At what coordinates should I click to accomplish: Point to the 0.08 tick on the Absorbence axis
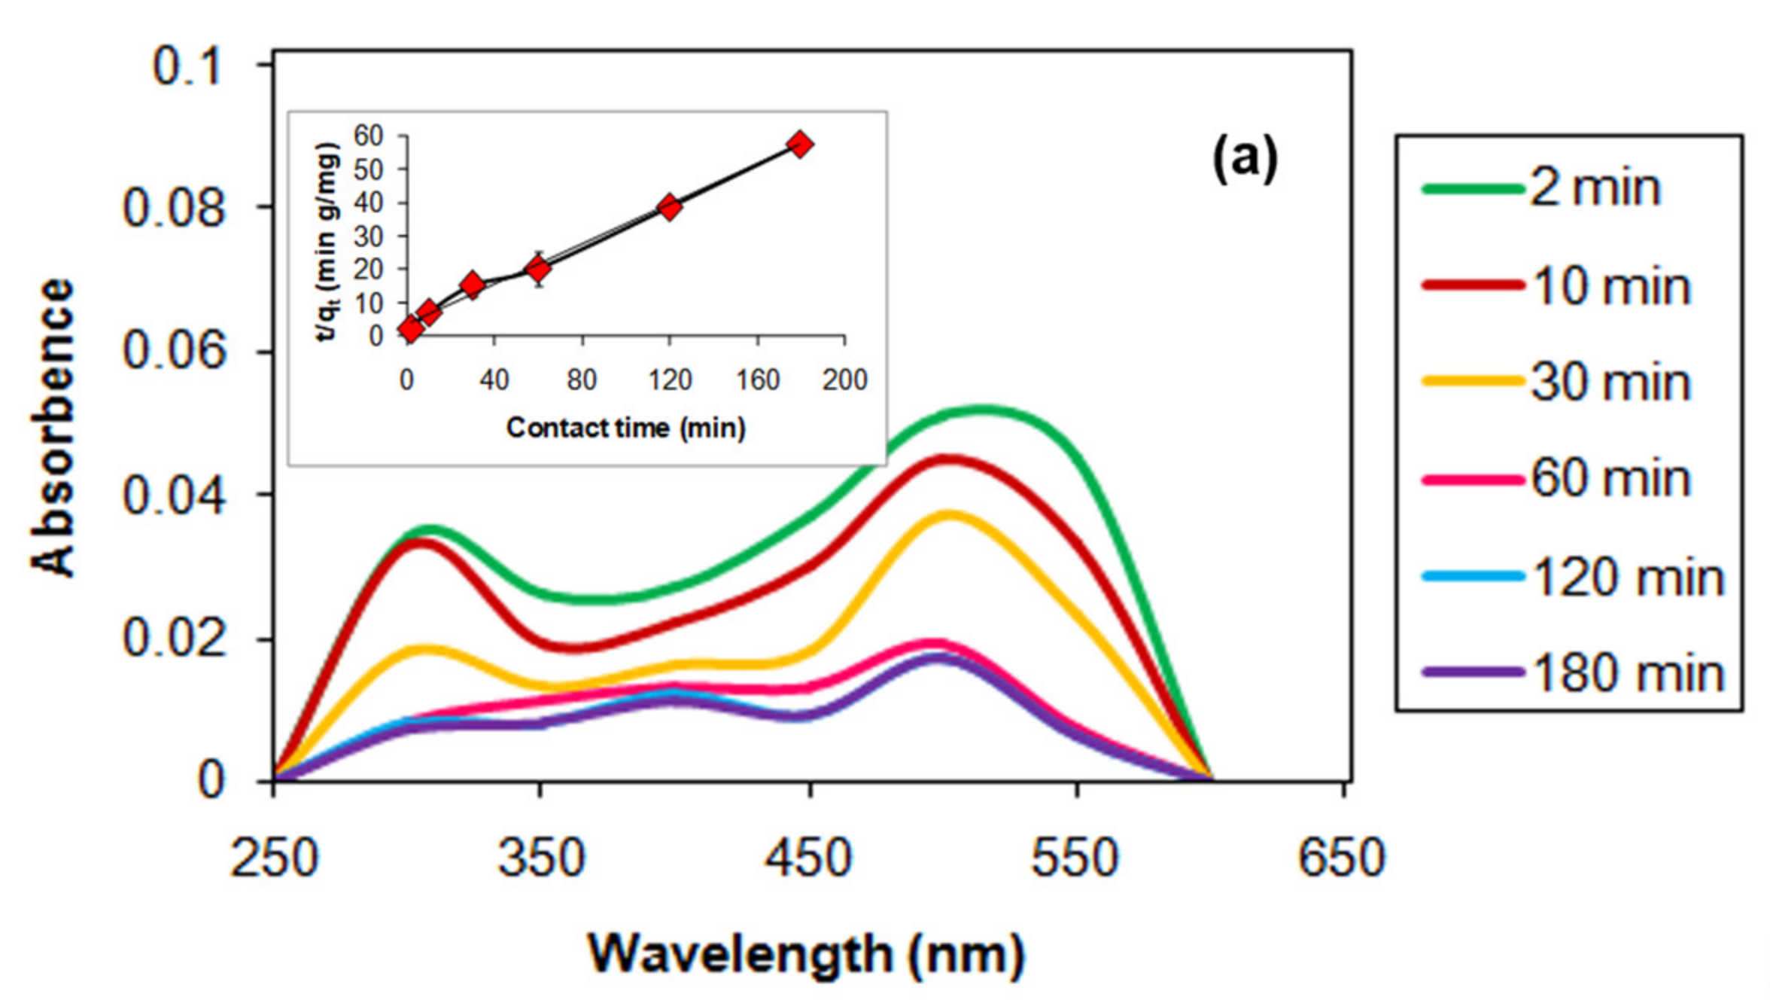[x=173, y=208]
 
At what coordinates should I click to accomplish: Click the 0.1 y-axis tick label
[x=187, y=66]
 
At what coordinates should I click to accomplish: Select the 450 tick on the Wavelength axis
[x=808, y=858]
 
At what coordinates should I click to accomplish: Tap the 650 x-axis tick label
[x=1342, y=858]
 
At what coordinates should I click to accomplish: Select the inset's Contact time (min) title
[x=625, y=428]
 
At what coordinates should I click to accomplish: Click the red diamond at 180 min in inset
[x=801, y=145]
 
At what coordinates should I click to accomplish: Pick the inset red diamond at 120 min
[x=670, y=207]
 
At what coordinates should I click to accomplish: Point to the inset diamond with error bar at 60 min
[x=538, y=269]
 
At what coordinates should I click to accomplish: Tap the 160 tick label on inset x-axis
[x=757, y=380]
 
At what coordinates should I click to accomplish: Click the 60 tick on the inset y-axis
[x=369, y=136]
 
